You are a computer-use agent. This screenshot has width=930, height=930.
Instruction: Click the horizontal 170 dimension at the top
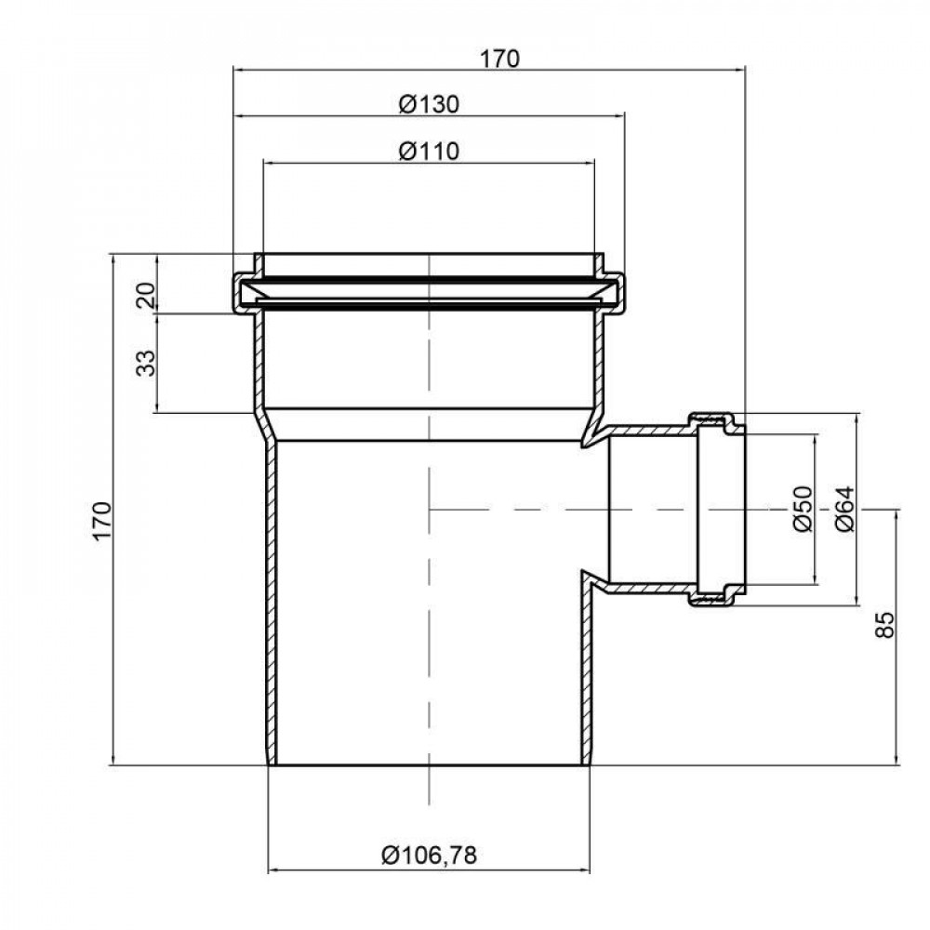tap(498, 58)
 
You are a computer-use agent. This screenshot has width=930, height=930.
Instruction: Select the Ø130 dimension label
tap(429, 104)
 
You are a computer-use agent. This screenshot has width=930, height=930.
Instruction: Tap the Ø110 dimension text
tap(429, 151)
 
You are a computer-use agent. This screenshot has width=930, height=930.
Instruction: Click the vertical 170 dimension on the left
tap(102, 520)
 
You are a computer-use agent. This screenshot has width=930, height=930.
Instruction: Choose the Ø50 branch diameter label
tap(803, 509)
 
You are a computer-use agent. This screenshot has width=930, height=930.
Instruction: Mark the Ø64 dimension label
tap(844, 509)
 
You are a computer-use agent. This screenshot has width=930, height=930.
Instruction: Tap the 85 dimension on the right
tap(885, 624)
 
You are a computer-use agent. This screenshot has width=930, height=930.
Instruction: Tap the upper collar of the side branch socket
tap(717, 423)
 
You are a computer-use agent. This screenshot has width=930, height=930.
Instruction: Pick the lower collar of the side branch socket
tap(717, 595)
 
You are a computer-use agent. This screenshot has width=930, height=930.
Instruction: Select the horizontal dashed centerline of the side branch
tap(558, 510)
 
